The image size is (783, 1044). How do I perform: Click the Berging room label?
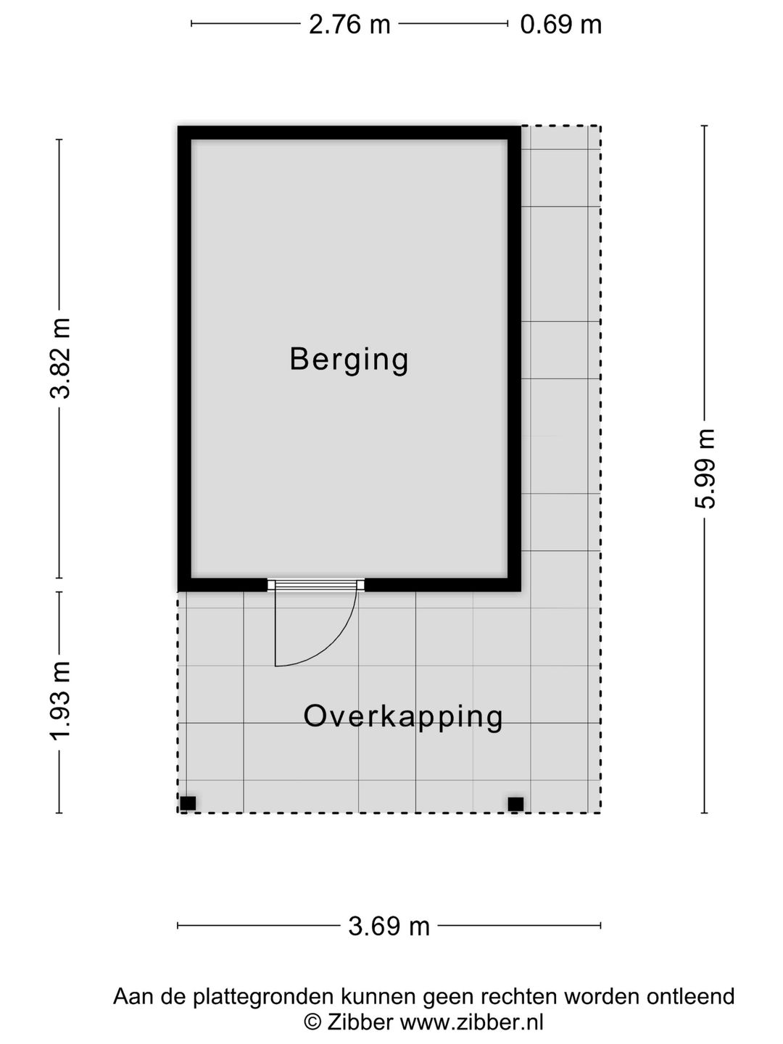[x=349, y=359]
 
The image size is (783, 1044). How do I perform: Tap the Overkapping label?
[x=403, y=716]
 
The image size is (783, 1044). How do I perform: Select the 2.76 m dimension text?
[x=349, y=25]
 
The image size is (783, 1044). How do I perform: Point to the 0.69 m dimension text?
[x=560, y=25]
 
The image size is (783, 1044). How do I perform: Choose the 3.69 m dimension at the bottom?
[x=389, y=926]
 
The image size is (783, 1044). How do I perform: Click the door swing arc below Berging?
[x=330, y=642]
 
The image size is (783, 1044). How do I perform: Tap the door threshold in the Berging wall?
[x=315, y=585]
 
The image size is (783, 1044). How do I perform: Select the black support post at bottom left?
[x=188, y=803]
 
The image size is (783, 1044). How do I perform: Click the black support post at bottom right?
[x=515, y=803]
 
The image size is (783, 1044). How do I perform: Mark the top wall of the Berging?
[x=349, y=133]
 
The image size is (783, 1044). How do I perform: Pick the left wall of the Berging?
[x=184, y=359]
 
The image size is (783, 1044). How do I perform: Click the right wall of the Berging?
[x=514, y=359]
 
